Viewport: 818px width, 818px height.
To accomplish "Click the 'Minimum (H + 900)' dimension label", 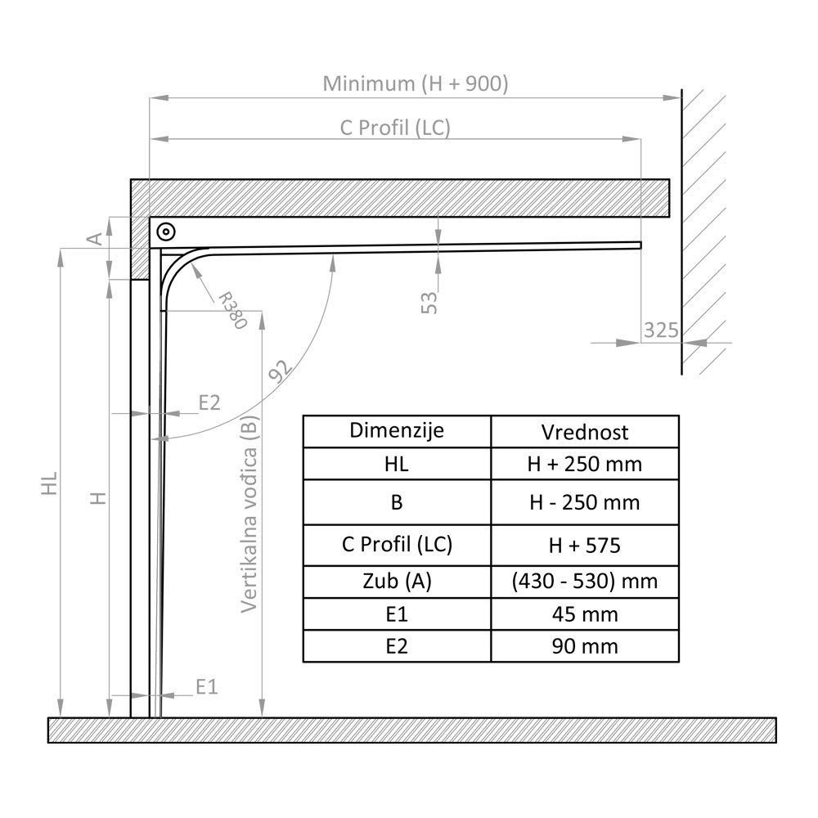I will (x=416, y=83).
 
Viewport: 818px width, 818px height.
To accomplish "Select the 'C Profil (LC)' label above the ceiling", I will (x=395, y=128).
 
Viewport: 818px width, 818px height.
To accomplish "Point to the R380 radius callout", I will (x=231, y=308).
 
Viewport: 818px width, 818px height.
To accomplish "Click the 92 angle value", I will (x=280, y=373).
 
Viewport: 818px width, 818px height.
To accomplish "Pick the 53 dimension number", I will (x=429, y=303).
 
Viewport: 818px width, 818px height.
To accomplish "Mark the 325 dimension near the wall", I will (x=661, y=330).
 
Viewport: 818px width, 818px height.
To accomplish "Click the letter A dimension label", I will (x=95, y=238).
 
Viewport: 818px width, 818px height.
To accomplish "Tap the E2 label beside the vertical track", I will (x=210, y=402).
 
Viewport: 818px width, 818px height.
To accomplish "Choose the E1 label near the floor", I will (x=207, y=686).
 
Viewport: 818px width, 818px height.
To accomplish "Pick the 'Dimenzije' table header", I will (x=397, y=431).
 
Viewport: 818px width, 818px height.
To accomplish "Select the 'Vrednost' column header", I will (x=585, y=432).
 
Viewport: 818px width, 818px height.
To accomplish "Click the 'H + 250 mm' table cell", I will (x=585, y=465).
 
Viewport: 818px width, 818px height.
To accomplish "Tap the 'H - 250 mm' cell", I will (x=585, y=502).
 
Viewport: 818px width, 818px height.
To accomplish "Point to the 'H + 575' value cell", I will (x=585, y=545).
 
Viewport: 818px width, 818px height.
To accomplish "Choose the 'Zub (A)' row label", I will (x=397, y=582).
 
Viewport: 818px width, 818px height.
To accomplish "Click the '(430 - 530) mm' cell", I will (x=585, y=582).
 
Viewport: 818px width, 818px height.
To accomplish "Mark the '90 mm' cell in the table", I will (x=585, y=646).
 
